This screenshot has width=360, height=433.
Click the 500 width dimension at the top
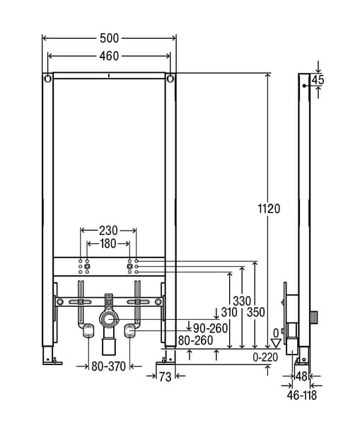tap(109, 38)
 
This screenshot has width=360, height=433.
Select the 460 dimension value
tap(109, 56)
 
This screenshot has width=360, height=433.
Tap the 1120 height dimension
tap(269, 209)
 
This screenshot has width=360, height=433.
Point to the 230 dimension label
tap(108, 231)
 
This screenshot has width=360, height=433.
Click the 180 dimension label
tap(108, 243)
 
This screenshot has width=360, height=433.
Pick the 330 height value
tap(242, 301)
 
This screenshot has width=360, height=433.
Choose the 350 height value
tap(256, 312)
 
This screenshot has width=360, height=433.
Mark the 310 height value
tap(229, 312)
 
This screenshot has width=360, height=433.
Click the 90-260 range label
tap(210, 328)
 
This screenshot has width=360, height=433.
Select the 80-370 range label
tap(108, 366)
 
